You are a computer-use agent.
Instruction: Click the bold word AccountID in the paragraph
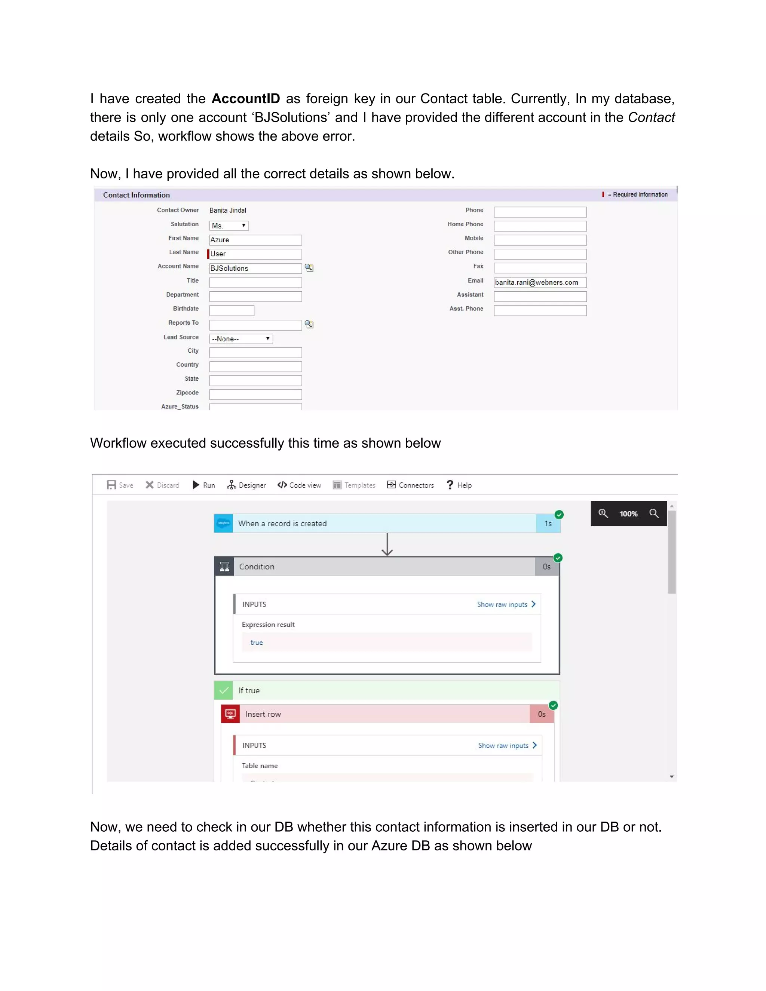245,98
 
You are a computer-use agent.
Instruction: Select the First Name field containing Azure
255,240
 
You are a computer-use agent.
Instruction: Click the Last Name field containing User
255,254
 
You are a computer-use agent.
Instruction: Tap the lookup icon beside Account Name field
309,268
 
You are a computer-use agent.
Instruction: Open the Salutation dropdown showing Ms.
229,225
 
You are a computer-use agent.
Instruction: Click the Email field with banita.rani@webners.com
540,282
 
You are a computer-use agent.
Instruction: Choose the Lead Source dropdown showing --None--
241,338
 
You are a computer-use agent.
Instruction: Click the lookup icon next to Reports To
309,324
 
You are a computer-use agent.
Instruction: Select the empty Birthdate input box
232,310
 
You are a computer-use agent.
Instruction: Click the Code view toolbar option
300,485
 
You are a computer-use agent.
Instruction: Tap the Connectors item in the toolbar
411,485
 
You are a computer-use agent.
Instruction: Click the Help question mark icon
450,485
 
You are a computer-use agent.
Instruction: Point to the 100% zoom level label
628,514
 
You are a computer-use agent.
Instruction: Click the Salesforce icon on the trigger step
223,523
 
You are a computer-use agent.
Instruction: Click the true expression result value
256,642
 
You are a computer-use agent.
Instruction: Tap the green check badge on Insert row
553,705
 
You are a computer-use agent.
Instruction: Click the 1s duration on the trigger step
548,524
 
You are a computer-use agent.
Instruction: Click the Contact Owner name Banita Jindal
228,211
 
